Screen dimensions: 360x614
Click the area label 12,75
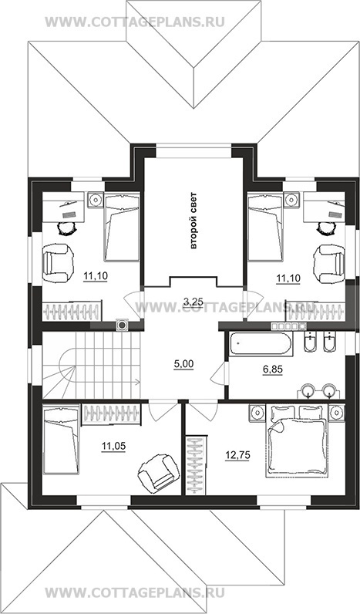[x=237, y=454]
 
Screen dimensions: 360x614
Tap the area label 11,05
[x=113, y=445]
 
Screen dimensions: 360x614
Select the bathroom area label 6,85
[x=272, y=369]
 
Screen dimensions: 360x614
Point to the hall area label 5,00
[x=184, y=364]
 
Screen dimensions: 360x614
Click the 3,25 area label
[x=193, y=301]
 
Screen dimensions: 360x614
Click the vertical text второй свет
[x=193, y=221]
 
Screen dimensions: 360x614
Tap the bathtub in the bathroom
[x=261, y=344]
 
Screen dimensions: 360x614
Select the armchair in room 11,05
[x=156, y=471]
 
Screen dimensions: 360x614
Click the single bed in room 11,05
[x=61, y=440]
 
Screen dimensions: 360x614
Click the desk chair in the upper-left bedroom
[x=66, y=228]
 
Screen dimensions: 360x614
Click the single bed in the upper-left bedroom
[x=122, y=227]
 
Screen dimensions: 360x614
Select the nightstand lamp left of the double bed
[x=256, y=413]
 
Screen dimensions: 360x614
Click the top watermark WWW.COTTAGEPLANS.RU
[x=135, y=22]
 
